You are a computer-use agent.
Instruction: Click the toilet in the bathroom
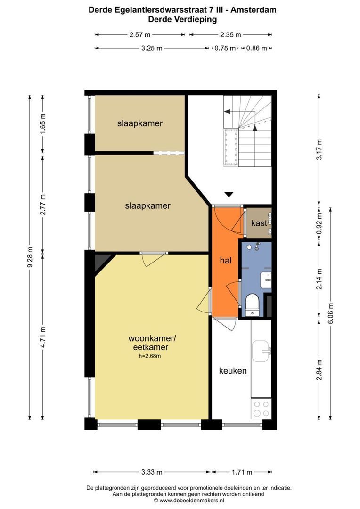[x=253, y=303]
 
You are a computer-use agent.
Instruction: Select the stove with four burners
[x=261, y=408]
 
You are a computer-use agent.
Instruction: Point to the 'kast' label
[x=259, y=222]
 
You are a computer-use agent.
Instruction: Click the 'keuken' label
[x=233, y=371]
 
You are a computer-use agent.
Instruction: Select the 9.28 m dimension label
[x=30, y=257]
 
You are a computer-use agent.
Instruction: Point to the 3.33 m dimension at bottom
[x=152, y=472]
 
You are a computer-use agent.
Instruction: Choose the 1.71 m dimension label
[x=242, y=472]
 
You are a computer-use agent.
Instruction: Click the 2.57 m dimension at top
[x=139, y=35]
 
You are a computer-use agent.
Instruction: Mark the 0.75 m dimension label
[x=225, y=48]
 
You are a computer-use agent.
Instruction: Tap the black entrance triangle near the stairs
[x=229, y=194]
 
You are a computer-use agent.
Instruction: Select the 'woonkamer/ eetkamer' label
[x=148, y=343]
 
